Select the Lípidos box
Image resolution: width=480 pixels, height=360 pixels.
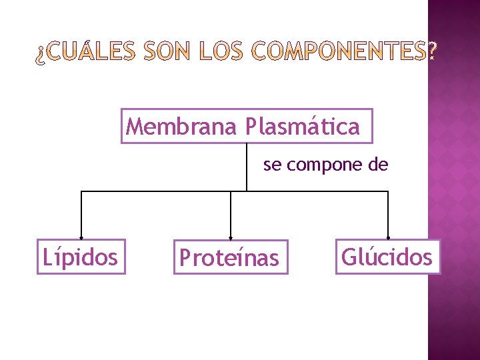80,257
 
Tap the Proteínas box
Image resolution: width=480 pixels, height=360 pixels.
230,257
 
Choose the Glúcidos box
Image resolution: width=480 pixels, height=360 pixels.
387,256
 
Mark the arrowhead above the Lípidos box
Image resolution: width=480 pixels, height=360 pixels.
81,236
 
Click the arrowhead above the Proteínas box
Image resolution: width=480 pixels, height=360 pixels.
230,237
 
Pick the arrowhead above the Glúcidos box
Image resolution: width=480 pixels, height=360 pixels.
388,236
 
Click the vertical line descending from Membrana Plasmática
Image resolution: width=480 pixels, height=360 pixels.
246,167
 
